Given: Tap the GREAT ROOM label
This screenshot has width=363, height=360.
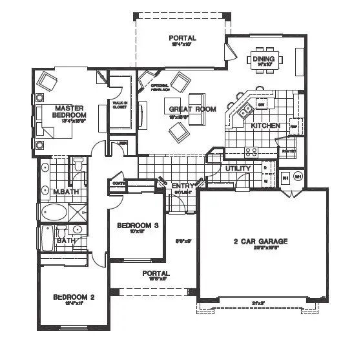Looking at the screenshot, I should [191, 109].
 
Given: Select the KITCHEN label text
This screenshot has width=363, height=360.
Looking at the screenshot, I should [264, 125].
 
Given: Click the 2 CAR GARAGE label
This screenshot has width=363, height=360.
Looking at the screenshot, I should [260, 242].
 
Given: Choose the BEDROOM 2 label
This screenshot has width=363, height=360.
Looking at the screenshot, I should [74, 297].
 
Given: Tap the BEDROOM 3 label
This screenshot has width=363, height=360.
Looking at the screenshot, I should [138, 226].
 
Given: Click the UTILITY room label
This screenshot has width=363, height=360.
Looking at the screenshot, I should [238, 168].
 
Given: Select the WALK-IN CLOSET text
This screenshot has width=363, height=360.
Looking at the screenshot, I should [119, 104].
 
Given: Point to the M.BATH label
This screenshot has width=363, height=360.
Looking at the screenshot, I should [65, 191].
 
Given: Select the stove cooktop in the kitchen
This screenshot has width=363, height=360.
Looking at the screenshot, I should [250, 151].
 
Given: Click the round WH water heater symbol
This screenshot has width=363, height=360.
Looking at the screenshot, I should [298, 176].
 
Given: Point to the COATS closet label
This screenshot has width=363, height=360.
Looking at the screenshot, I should [118, 183].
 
